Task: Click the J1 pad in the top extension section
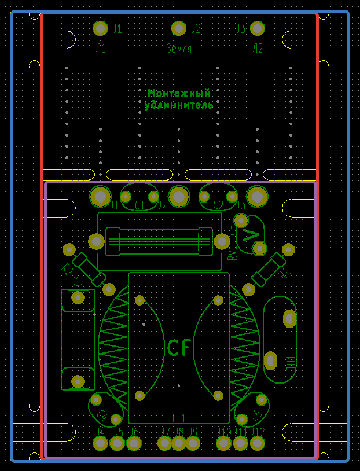(101, 28)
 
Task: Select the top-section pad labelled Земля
(179, 28)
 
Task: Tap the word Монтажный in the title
(179, 93)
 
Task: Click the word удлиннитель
(179, 105)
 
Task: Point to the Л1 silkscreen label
(101, 49)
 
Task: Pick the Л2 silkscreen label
(257, 49)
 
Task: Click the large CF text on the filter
(179, 348)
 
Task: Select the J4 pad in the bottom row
(101, 443)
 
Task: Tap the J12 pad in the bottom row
(257, 443)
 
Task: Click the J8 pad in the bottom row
(179, 443)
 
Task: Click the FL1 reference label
(179, 418)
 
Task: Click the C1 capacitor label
(140, 205)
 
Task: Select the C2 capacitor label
(218, 205)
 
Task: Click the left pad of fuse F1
(96, 241)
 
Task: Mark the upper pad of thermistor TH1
(289, 318)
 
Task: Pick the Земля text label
(179, 49)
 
